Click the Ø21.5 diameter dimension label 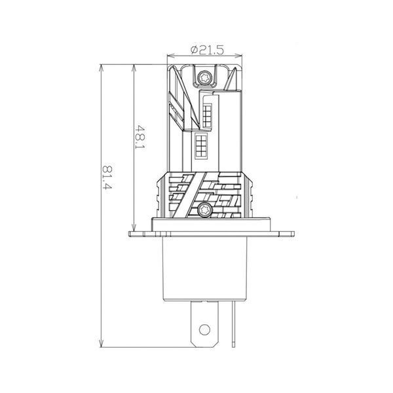[207, 50]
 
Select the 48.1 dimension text [140, 137]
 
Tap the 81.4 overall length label [106, 177]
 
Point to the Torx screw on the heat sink [204, 210]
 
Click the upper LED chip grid [207, 116]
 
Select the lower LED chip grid [201, 145]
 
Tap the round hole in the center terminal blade [204, 329]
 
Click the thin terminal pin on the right [234, 324]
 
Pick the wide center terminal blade [204, 324]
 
